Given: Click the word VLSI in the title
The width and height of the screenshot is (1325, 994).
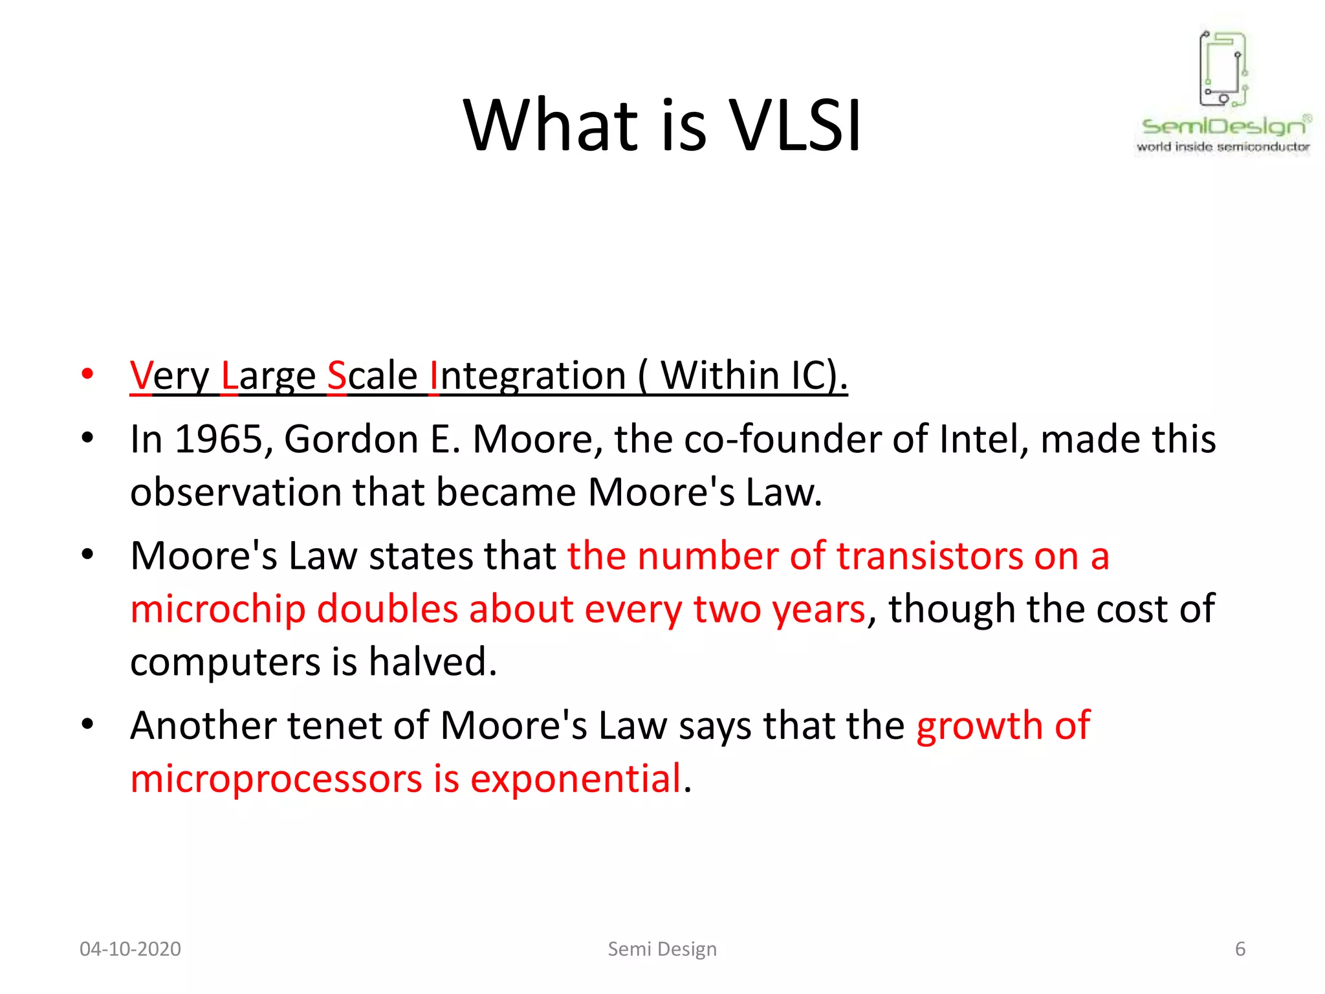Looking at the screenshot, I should [x=796, y=126].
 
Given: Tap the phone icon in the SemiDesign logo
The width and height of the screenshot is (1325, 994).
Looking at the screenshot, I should [x=1223, y=68].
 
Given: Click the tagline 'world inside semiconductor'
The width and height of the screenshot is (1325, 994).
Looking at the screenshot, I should [x=1223, y=147].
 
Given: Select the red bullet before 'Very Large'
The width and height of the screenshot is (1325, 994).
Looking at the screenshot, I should [x=87, y=374].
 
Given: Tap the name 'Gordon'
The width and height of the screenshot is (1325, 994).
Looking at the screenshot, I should [x=351, y=439].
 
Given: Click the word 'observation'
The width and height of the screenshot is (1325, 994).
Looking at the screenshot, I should [x=235, y=492].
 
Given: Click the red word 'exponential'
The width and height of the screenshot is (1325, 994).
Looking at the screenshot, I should [x=576, y=779].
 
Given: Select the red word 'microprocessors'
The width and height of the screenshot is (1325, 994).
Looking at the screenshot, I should [x=276, y=779].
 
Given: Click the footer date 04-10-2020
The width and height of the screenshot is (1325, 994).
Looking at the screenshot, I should [x=130, y=949].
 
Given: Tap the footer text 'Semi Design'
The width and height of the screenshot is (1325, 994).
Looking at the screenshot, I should [x=662, y=949].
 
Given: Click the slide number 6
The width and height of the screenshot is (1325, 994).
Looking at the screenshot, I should [x=1240, y=949].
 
